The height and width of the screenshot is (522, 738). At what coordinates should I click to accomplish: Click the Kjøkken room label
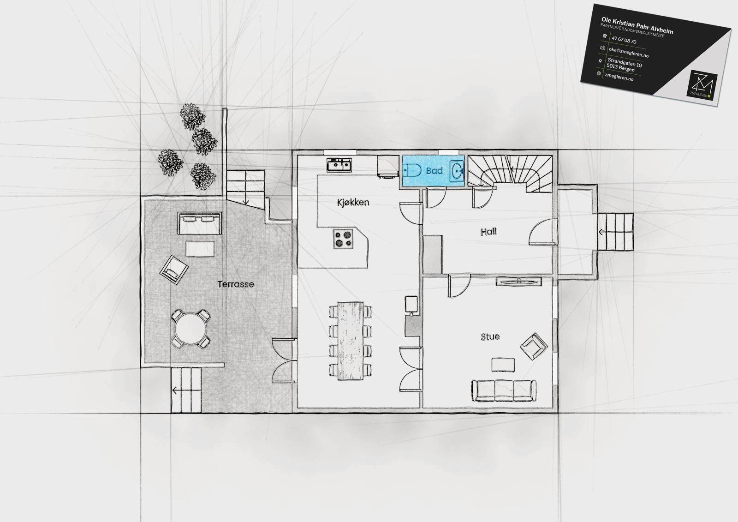(x=353, y=202)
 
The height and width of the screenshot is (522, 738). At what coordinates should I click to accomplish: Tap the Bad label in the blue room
(x=434, y=170)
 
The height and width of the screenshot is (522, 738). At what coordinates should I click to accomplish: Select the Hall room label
(x=488, y=232)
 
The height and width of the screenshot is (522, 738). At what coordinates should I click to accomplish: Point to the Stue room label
(x=490, y=336)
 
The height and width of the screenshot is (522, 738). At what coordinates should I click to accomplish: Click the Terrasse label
(x=236, y=284)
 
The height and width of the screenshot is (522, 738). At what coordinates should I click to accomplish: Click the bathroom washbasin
(x=457, y=171)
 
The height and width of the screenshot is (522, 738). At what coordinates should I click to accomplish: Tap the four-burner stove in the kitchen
(x=343, y=239)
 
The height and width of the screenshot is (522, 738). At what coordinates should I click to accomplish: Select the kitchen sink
(x=339, y=165)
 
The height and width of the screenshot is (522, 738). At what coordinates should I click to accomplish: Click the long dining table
(x=350, y=341)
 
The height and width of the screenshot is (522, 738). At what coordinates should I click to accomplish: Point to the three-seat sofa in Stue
(x=504, y=391)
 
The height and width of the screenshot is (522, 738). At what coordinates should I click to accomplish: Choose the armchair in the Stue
(x=534, y=346)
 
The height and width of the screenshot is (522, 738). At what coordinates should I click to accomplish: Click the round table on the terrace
(x=190, y=329)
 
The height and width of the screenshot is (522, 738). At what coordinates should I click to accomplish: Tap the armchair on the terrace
(x=174, y=270)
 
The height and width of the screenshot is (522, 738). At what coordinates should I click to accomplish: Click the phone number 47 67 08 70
(x=624, y=40)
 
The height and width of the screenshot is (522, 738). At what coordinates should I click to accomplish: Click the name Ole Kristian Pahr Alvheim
(x=637, y=26)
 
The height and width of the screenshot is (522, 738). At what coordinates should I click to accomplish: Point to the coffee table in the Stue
(x=503, y=365)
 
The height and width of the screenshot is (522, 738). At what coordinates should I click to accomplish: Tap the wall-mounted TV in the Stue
(x=518, y=281)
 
